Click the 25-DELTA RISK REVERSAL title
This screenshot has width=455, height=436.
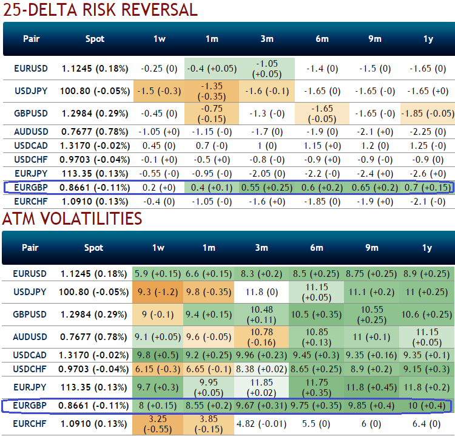[99, 10]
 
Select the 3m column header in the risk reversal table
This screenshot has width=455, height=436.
[267, 39]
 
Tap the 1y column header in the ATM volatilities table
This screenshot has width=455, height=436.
[428, 248]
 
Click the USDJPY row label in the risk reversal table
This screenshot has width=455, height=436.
[31, 91]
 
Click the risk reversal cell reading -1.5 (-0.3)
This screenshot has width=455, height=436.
[159, 91]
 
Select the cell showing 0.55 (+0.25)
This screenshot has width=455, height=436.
[267, 188]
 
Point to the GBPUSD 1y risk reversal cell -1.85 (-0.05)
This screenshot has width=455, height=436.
[428, 113]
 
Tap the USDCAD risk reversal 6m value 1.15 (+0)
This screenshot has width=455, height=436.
[322, 146]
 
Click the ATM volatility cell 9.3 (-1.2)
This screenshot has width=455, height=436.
[159, 293]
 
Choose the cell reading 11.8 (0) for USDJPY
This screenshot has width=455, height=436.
[267, 293]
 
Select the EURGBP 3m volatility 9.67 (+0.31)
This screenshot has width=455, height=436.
[267, 405]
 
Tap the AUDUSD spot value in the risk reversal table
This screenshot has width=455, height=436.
[95, 132]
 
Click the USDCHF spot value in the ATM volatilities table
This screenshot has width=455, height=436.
[95, 368]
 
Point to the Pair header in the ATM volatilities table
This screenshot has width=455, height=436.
[31, 248]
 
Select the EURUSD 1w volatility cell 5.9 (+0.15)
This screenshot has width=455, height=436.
[159, 274]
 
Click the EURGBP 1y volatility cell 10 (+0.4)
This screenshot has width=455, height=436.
[428, 405]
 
